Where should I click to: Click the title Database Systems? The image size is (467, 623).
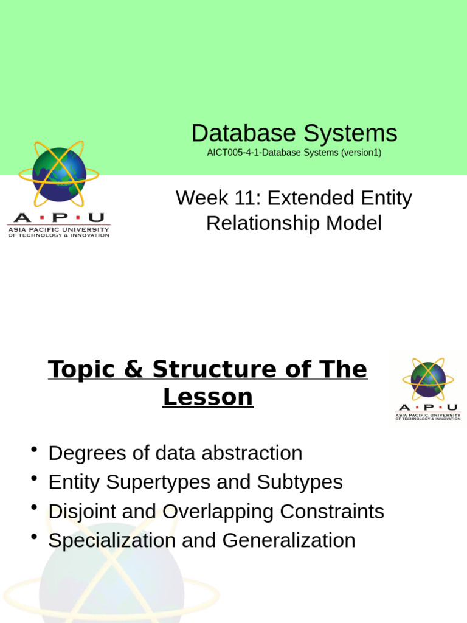coord(294,133)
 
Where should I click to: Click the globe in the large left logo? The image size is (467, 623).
coord(59,175)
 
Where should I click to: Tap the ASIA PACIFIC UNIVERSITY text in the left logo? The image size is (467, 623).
coord(58,229)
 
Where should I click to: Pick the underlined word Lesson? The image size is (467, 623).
coord(208,397)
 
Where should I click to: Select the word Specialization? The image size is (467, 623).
coord(111,541)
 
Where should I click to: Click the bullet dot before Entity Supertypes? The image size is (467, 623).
coord(34,479)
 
